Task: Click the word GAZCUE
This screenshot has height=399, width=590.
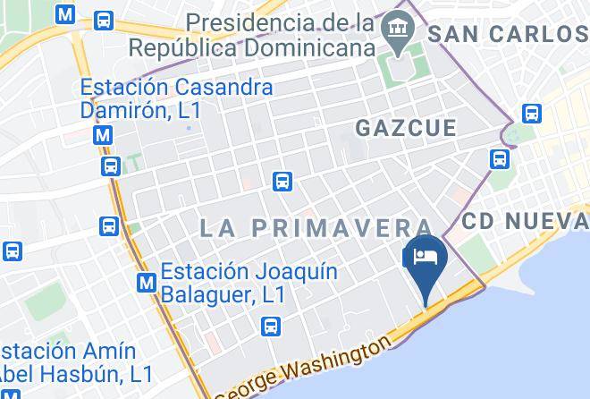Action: click(406, 128)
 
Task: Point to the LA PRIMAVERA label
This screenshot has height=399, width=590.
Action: click(316, 228)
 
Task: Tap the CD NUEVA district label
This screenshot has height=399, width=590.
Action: click(526, 220)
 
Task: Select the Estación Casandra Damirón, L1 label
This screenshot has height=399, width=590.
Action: click(176, 99)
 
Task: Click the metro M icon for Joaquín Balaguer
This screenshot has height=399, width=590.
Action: click(147, 283)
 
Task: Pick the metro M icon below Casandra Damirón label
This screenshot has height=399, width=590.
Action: click(104, 135)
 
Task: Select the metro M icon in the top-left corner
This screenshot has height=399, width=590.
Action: click(64, 15)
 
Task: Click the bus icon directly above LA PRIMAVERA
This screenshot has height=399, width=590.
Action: click(282, 181)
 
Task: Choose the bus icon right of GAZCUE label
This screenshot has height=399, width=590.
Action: click(499, 159)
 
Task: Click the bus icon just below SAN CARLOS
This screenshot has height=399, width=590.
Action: click(532, 114)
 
